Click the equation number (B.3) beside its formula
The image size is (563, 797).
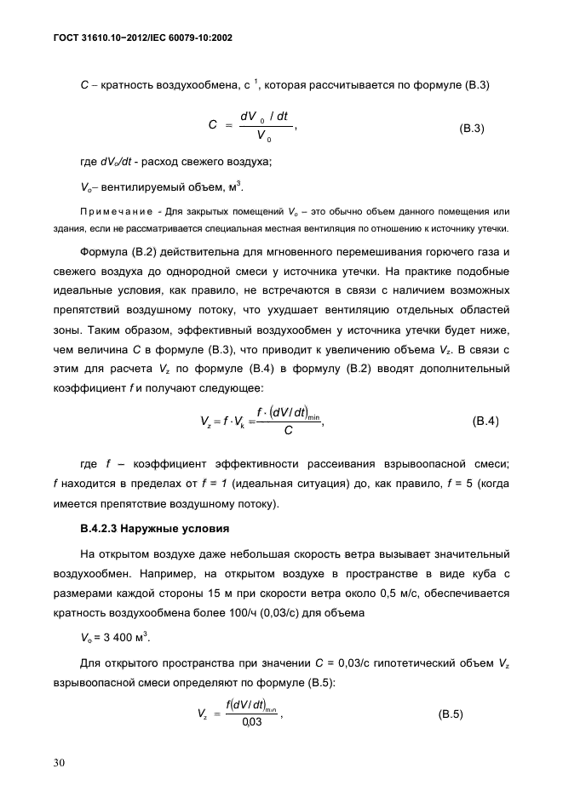click(x=472, y=128)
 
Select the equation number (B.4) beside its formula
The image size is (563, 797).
click(x=485, y=421)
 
